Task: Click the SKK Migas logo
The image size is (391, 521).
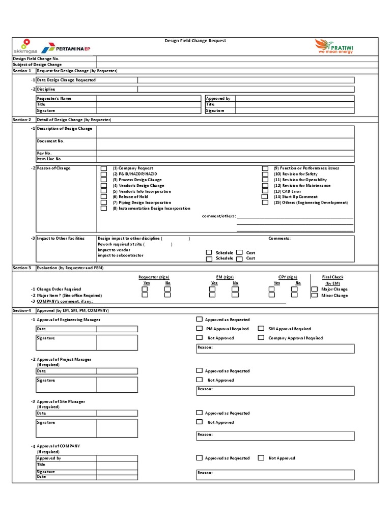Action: click(25, 46)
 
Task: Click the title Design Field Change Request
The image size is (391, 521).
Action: click(195, 41)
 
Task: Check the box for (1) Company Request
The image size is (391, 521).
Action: click(104, 168)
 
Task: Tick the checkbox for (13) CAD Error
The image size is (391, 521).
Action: click(265, 191)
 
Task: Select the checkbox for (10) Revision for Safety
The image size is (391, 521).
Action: click(265, 174)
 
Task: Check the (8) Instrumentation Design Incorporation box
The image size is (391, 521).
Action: click(104, 208)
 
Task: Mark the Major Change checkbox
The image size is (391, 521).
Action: click(314, 289)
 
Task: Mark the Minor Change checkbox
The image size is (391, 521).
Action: click(314, 295)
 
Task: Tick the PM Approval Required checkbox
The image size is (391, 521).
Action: click(199, 329)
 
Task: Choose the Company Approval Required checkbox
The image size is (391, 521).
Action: click(261, 337)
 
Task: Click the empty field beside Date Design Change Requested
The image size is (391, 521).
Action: click(246, 80)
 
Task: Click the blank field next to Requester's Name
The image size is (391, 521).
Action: click(149, 98)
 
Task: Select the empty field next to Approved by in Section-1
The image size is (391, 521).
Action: click(295, 98)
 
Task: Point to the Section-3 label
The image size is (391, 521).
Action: click(22, 267)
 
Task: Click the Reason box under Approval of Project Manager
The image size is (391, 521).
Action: click(275, 390)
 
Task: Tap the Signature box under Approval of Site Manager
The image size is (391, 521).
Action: click(117, 428)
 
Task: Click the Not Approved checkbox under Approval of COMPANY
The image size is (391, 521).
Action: click(261, 458)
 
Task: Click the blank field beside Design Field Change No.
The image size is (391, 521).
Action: click(237, 59)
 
